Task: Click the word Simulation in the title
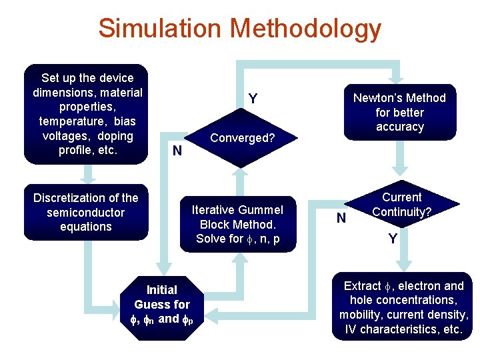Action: [x=159, y=29]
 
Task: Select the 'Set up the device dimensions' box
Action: [x=87, y=114]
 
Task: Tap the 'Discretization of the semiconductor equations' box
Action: [x=86, y=212]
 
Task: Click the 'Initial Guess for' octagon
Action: [x=162, y=304]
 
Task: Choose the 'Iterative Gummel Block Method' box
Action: [x=238, y=224]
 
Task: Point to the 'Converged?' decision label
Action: [x=243, y=139]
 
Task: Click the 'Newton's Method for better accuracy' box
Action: [x=399, y=112]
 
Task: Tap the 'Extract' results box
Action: [x=403, y=307]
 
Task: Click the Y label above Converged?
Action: [x=253, y=99]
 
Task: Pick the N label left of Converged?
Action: [x=177, y=151]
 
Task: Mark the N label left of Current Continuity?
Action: [x=341, y=217]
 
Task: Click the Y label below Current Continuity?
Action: [x=393, y=238]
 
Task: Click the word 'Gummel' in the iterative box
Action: [x=255, y=209]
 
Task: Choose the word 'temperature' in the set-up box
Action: [x=69, y=121]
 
